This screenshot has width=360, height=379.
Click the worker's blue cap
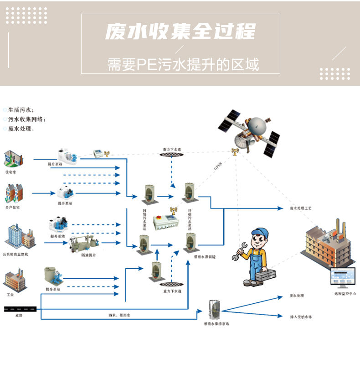tap(259, 232)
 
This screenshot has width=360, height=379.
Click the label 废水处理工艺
tap(300, 208)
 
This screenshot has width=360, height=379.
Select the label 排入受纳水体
tap(301, 316)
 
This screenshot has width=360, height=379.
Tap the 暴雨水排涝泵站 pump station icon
tap(212, 309)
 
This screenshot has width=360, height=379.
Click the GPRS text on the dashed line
tap(219, 167)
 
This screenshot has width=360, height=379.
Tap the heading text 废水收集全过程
tap(180, 32)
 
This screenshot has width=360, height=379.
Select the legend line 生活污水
tap(21, 110)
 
